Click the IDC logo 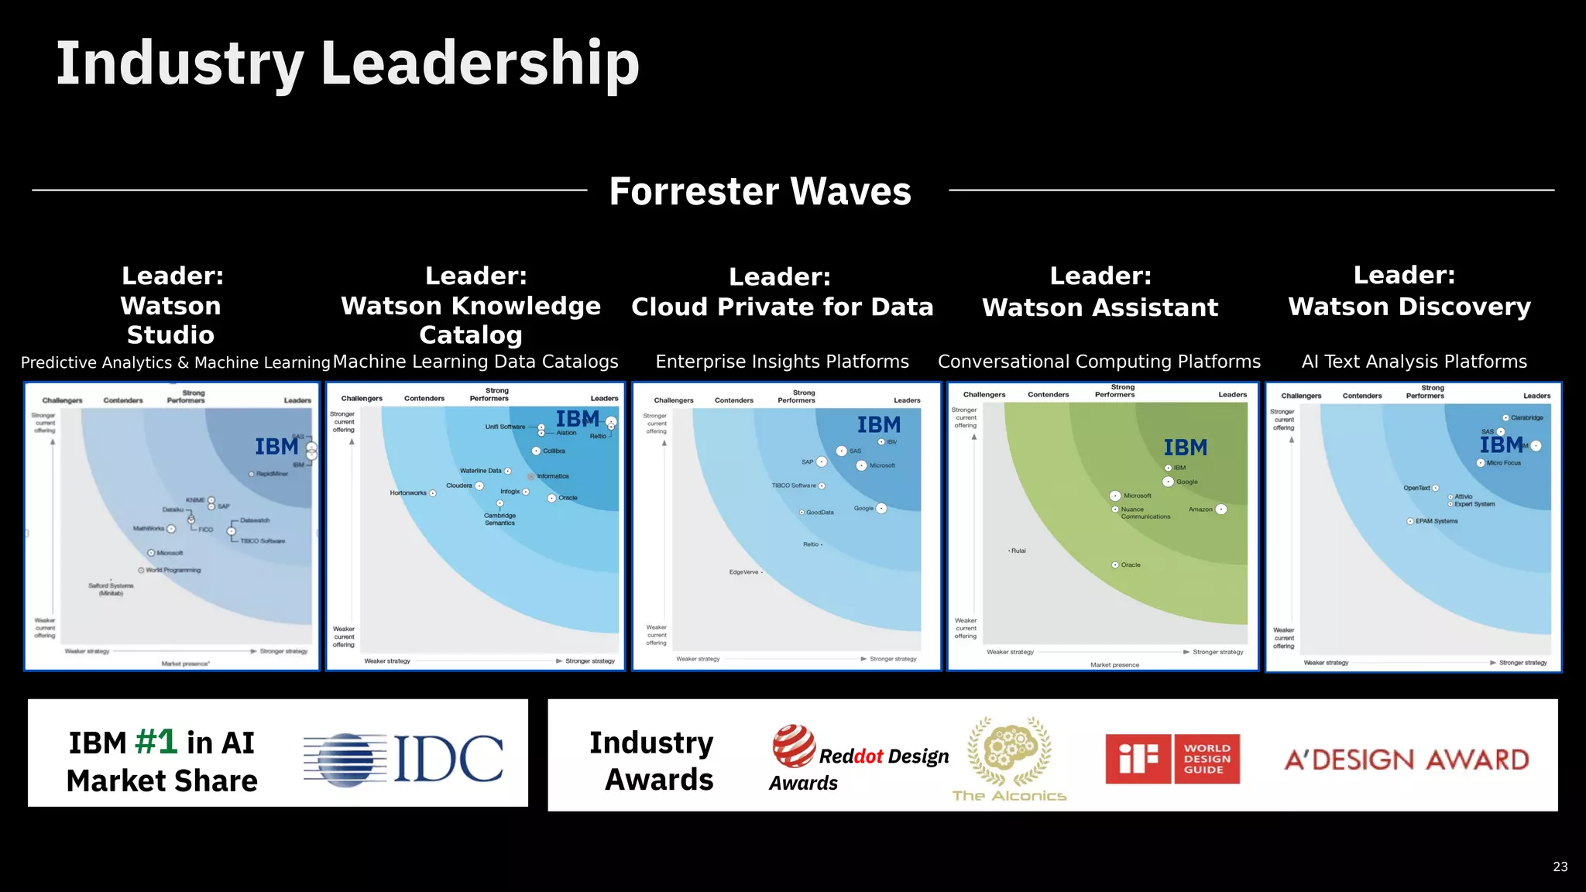click(x=403, y=759)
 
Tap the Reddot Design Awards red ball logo click(x=793, y=745)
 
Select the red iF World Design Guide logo click(x=1172, y=759)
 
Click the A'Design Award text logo click(x=1406, y=760)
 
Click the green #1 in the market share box click(x=156, y=742)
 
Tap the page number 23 click(x=1560, y=867)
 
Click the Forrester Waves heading click(x=760, y=191)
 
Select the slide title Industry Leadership click(x=348, y=63)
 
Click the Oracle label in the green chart click(x=1131, y=565)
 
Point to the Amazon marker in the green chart click(x=1221, y=509)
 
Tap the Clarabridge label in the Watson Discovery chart click(x=1526, y=418)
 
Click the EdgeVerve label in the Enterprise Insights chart click(x=743, y=572)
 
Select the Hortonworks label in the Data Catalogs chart click(x=408, y=493)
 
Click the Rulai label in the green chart click(x=1018, y=551)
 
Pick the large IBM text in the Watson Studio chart click(x=276, y=447)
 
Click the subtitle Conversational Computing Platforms click(x=1099, y=362)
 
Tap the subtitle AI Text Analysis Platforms click(x=1414, y=362)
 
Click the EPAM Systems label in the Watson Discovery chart click(x=1436, y=521)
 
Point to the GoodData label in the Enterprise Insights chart click(x=819, y=513)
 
